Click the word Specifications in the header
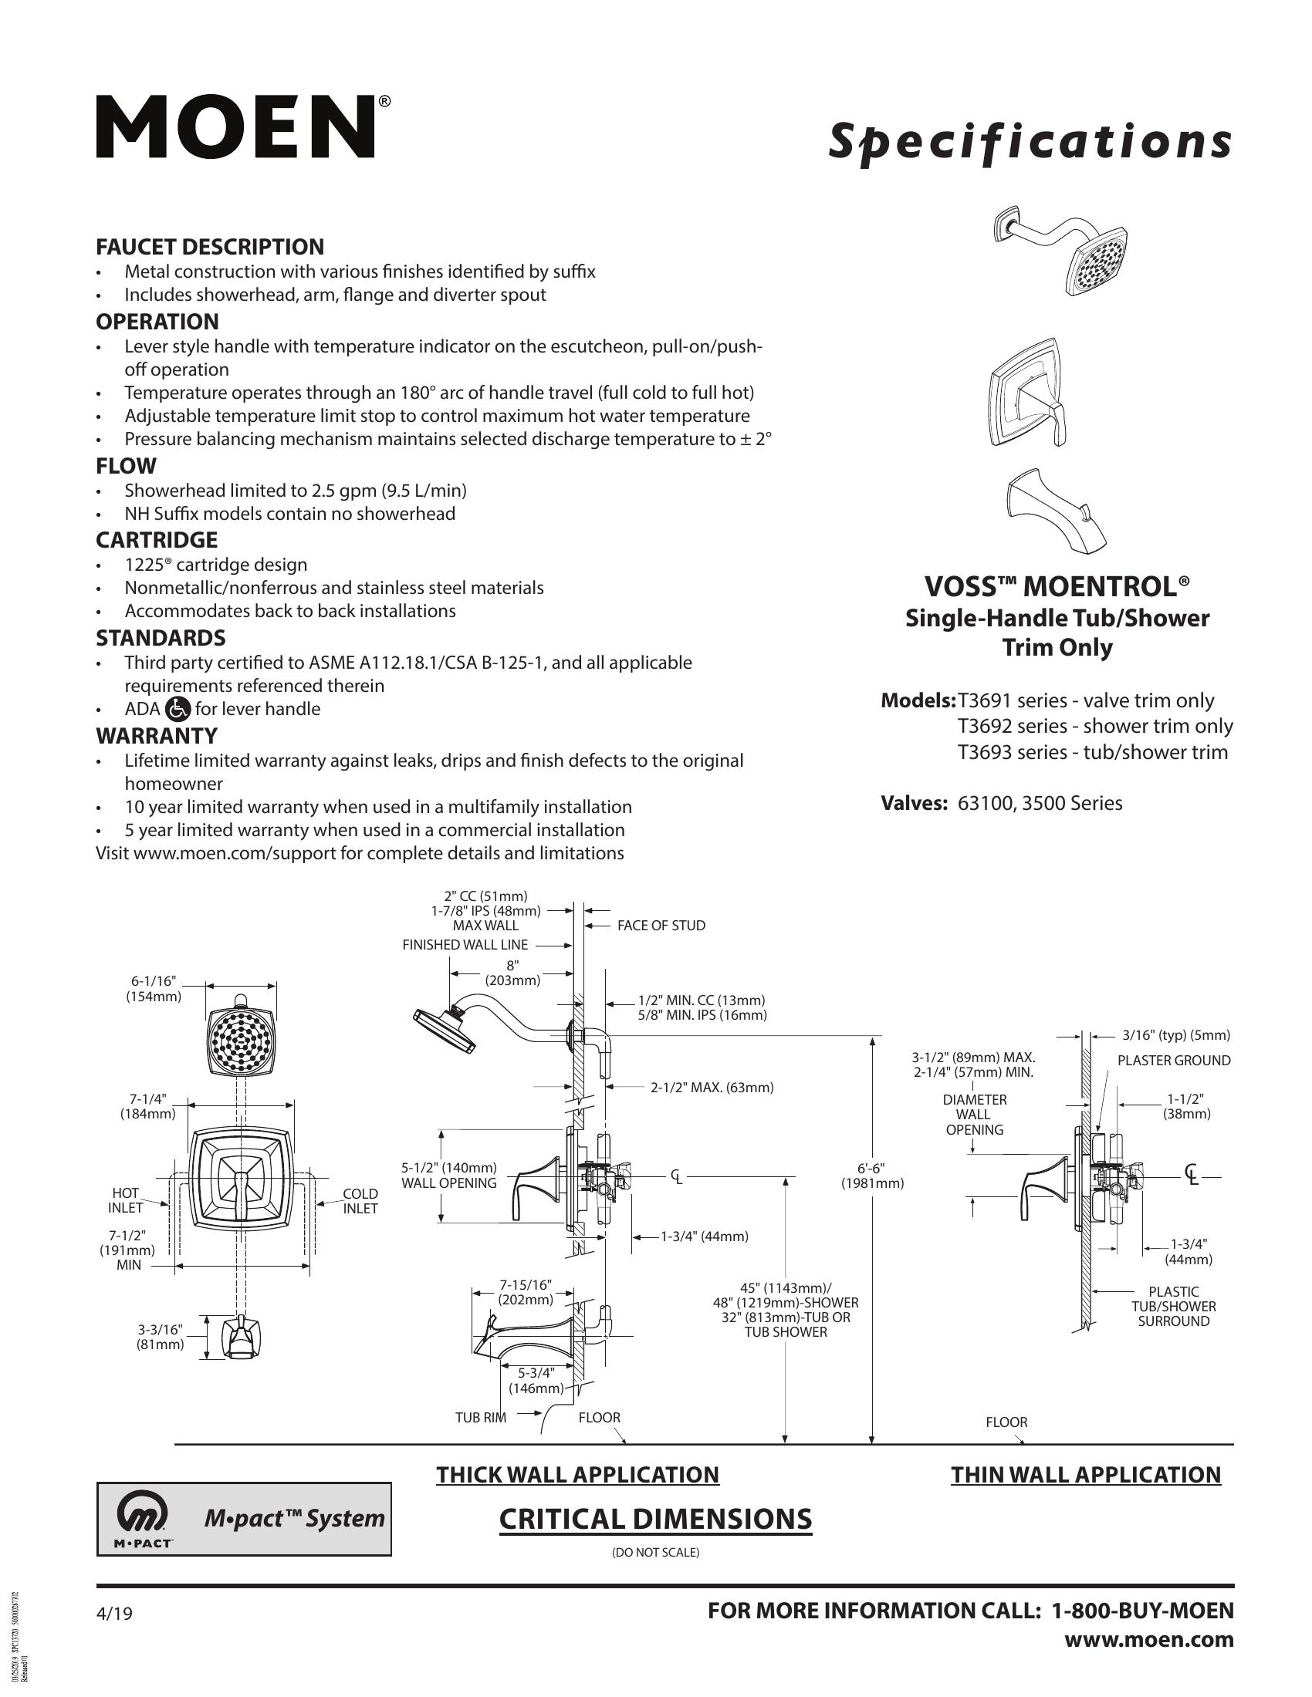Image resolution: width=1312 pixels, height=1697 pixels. [1029, 143]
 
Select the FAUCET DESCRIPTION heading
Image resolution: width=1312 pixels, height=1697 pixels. [210, 247]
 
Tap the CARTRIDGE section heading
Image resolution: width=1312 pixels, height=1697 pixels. [156, 540]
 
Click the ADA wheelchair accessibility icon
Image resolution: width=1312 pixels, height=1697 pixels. [179, 709]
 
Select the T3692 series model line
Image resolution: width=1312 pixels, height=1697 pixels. [1095, 727]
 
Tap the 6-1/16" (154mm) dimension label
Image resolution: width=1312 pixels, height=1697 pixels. [154, 988]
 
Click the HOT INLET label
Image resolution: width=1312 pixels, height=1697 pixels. [125, 1200]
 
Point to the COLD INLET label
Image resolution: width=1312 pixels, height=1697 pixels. [360, 1200]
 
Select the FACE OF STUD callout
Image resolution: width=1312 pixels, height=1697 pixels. [661, 926]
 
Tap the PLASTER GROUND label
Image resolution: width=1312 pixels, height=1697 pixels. [1174, 1061]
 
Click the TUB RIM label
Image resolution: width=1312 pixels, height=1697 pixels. [480, 1417]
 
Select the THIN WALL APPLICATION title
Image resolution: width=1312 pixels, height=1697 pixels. [1086, 1475]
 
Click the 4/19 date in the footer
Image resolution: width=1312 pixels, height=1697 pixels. [114, 1614]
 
